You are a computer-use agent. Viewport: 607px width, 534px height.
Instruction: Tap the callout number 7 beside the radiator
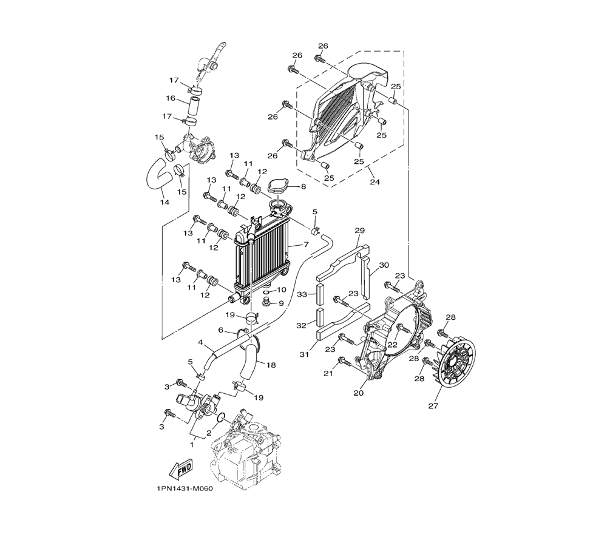click(306, 245)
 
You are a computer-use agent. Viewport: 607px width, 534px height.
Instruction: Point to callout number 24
click(375, 181)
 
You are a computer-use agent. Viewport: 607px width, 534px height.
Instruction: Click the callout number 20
click(359, 393)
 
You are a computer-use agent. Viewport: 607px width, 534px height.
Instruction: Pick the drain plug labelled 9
click(266, 302)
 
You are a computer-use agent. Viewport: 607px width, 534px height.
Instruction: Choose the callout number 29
click(359, 231)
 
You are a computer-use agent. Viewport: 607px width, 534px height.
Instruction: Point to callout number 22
click(393, 345)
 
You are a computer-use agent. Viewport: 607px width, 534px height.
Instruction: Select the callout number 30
click(384, 265)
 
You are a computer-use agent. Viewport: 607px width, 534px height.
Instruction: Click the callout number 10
click(282, 289)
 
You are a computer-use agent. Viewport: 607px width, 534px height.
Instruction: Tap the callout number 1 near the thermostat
click(191, 445)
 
